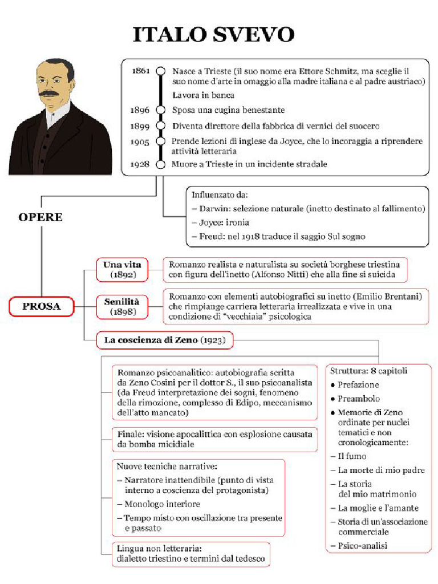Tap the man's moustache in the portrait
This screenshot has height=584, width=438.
pyautogui.click(x=49, y=92)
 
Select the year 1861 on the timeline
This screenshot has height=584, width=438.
pyautogui.click(x=140, y=71)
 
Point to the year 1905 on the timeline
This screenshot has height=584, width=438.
pyautogui.click(x=140, y=141)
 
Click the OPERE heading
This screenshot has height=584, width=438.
pyautogui.click(x=40, y=217)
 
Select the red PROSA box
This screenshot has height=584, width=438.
pyautogui.click(x=41, y=307)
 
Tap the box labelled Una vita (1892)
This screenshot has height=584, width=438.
pyautogui.click(x=122, y=270)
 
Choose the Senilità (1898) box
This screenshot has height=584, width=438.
pyautogui.click(x=122, y=306)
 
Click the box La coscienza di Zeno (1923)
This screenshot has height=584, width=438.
pyautogui.click(x=164, y=341)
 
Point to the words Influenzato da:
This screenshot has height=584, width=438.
pyautogui.click(x=220, y=195)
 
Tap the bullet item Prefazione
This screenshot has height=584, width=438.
pyautogui.click(x=358, y=385)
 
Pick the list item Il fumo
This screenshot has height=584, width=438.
pyautogui.click(x=352, y=456)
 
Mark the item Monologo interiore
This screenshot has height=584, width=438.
pyautogui.click(x=162, y=504)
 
